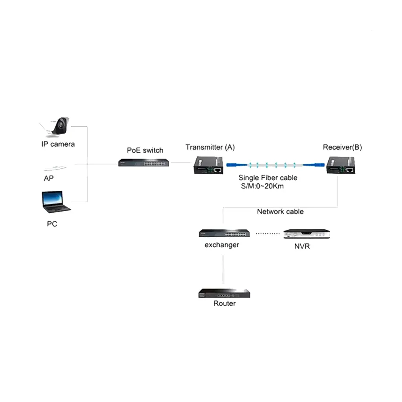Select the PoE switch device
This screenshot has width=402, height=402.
coord(144,162)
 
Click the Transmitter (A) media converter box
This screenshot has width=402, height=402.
coord(208,165)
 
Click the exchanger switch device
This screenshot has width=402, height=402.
coord(224,233)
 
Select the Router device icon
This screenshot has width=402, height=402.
coord(224,294)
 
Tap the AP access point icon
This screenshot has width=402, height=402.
coord(55,168)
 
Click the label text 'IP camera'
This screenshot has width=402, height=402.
coord(58,144)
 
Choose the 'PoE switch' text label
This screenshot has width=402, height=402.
coord(145,150)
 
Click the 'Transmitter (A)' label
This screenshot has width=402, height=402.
coord(210,147)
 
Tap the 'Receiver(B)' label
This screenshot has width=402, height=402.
coord(342,147)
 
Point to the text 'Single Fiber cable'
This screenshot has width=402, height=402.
coord(268,178)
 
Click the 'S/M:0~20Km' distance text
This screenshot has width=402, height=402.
coord(262,186)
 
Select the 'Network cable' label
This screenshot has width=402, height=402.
coord(280,212)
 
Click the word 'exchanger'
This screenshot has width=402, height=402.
coord(222,245)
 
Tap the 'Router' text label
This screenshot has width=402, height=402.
coord(225,303)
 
